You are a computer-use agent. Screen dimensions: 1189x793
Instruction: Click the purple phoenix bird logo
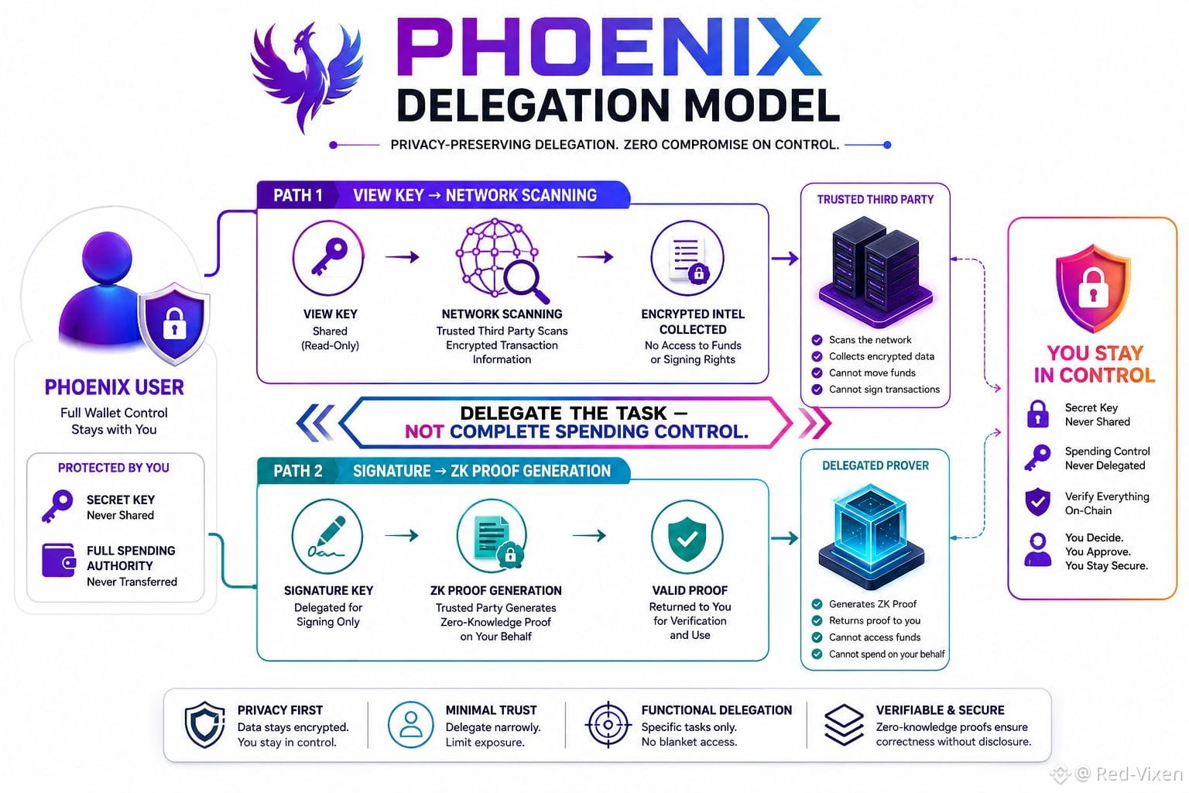click(x=307, y=74)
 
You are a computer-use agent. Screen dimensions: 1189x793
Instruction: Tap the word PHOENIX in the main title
click(x=609, y=47)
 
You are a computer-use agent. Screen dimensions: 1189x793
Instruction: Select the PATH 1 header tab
click(x=298, y=195)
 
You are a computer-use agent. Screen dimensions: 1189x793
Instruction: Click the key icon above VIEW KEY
click(x=328, y=258)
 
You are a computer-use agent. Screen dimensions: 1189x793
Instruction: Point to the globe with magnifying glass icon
click(x=502, y=260)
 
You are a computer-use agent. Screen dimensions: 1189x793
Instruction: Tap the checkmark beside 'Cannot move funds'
click(x=817, y=372)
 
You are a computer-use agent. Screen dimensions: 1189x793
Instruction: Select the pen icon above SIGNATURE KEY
click(x=327, y=537)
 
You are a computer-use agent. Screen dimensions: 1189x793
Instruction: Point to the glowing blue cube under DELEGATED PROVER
click(x=872, y=537)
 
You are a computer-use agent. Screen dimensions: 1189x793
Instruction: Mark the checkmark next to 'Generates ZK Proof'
click(x=817, y=604)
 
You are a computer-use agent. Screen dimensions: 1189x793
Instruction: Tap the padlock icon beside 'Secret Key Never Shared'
click(x=1038, y=414)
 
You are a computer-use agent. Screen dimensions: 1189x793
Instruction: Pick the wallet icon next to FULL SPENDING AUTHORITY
click(x=58, y=561)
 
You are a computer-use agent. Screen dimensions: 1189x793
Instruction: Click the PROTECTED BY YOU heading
click(x=114, y=468)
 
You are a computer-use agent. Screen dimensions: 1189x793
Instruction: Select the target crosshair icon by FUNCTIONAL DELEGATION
click(x=608, y=725)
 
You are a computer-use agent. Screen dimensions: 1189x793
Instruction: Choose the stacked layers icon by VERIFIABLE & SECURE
click(x=845, y=725)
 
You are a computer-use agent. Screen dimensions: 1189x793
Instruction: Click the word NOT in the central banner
click(x=423, y=432)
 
